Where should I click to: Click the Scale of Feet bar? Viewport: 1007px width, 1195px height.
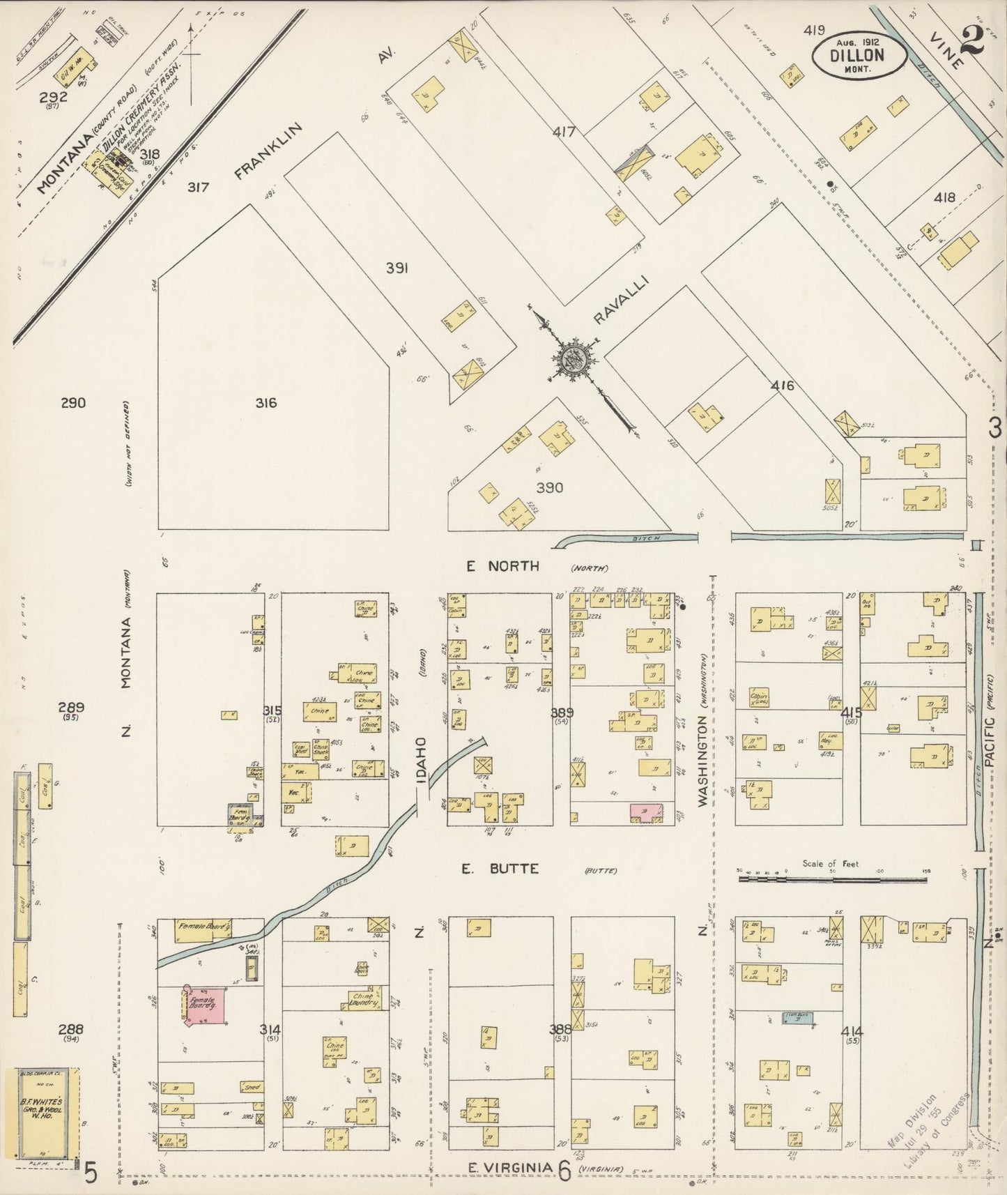tap(832, 879)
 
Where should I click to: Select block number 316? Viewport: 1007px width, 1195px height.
tap(266, 403)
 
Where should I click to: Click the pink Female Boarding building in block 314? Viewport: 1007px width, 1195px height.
tap(205, 1007)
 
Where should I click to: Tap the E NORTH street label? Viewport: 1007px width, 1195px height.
tap(502, 566)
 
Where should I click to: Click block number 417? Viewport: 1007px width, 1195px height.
tap(564, 130)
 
